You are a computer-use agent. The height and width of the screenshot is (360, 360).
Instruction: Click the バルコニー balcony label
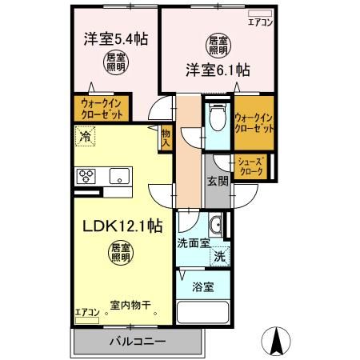[x=138, y=342]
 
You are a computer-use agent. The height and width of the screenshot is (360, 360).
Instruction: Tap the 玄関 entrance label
[x=217, y=181]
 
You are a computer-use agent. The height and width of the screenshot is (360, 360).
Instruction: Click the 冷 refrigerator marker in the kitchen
[x=85, y=137]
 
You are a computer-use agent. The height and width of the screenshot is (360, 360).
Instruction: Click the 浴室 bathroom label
[x=203, y=286]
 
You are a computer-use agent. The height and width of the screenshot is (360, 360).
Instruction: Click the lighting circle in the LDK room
[x=120, y=254]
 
